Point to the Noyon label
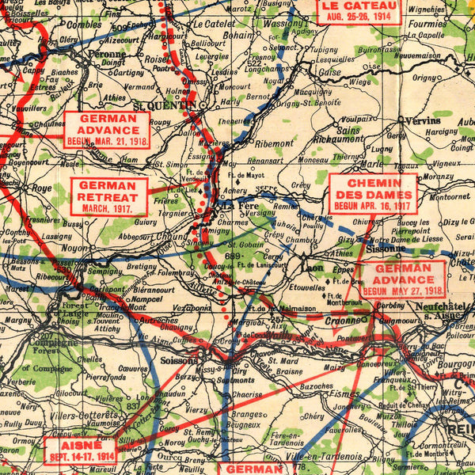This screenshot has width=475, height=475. coord(75,248)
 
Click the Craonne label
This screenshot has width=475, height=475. coord(343,321)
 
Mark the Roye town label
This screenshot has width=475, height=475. coord(40,188)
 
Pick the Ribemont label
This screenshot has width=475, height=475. coord(274,143)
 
